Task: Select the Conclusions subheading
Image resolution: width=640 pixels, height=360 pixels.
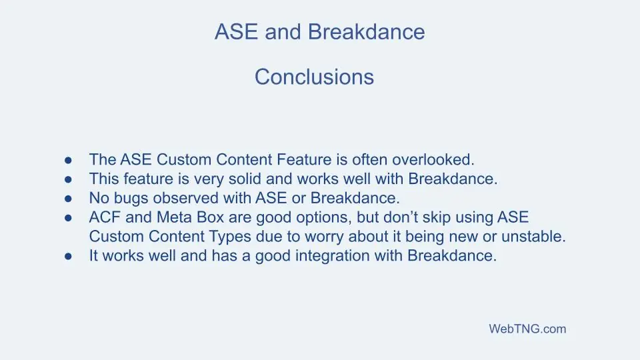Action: (x=314, y=77)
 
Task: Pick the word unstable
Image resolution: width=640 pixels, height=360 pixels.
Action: (x=539, y=237)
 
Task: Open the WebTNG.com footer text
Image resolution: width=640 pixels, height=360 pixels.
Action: (x=527, y=329)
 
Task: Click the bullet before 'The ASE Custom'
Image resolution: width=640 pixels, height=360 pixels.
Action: (x=68, y=160)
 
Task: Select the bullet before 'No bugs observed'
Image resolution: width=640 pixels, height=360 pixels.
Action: (x=68, y=199)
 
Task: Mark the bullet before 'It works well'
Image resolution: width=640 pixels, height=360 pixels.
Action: (x=68, y=257)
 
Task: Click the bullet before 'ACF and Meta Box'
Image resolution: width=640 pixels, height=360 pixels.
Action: (x=68, y=218)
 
